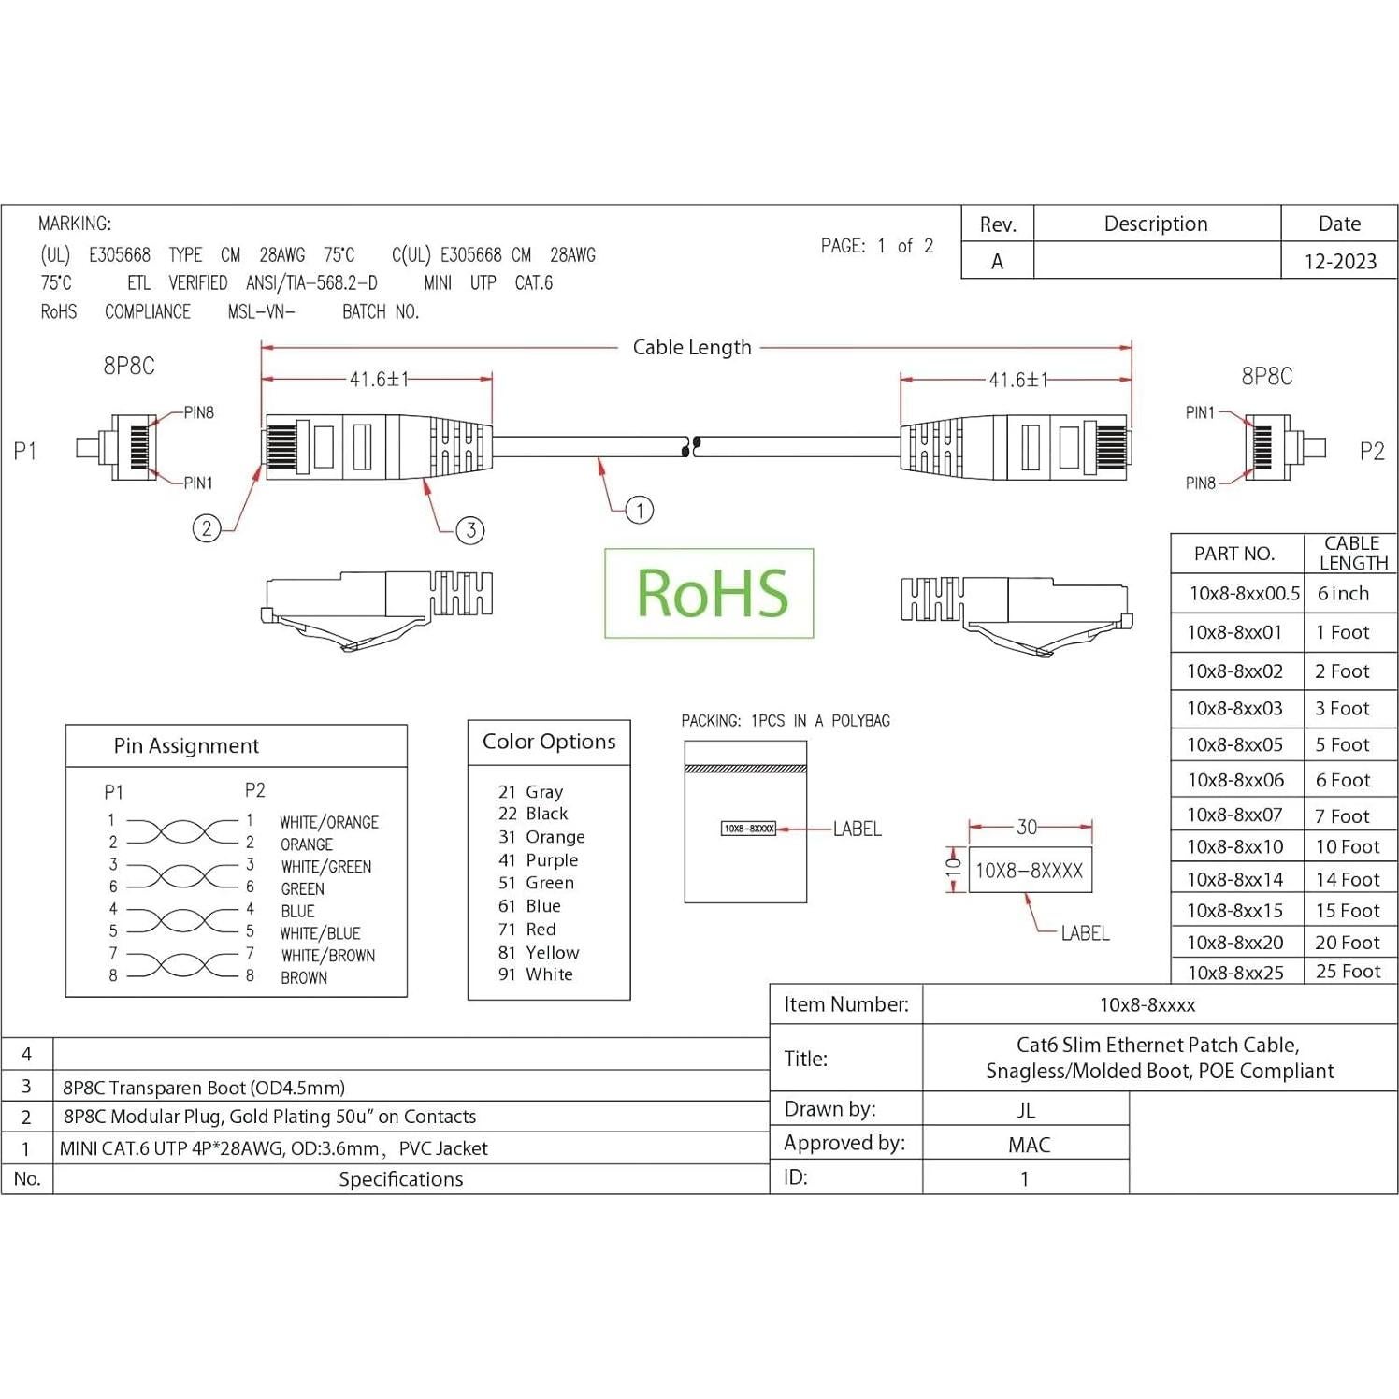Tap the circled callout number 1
(640, 510)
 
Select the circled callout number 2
(207, 528)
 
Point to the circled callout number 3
(470, 530)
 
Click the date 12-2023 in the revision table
(1340, 262)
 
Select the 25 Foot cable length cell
(1348, 972)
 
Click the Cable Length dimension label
(692, 348)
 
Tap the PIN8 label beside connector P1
(198, 412)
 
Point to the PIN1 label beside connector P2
(1200, 412)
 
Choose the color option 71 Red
(527, 930)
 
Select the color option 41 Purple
(539, 860)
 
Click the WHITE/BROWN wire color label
(328, 956)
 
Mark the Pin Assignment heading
(186, 746)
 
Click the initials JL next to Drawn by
(1026, 1110)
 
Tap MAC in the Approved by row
(1029, 1145)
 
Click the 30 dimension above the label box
(1027, 827)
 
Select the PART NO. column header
(1234, 554)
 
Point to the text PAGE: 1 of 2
(877, 246)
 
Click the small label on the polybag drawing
(748, 829)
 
